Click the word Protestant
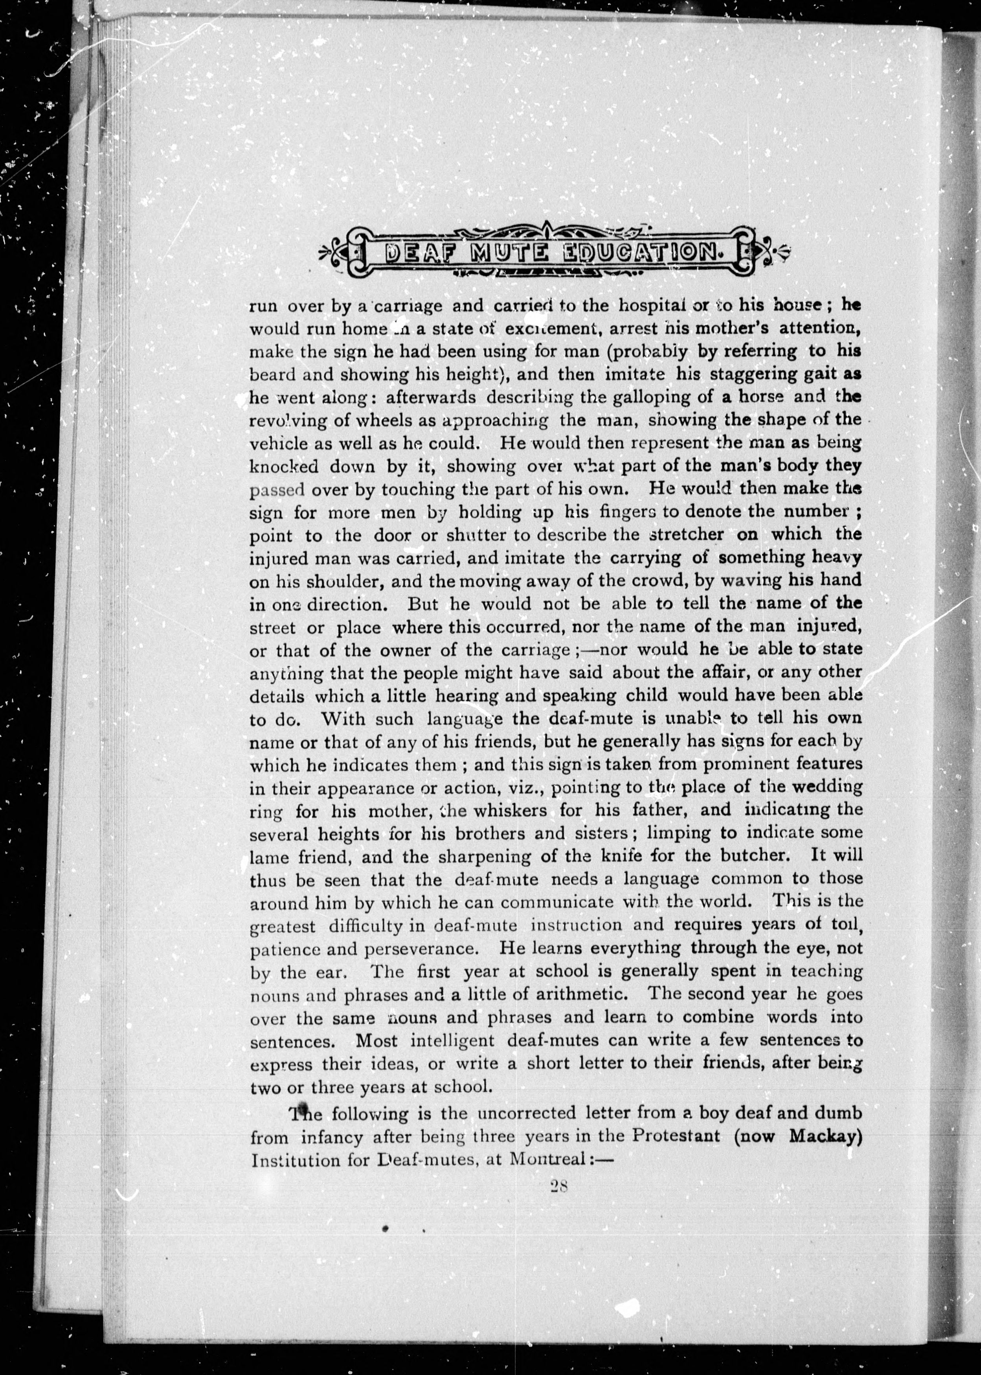pyautogui.click(x=676, y=1136)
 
